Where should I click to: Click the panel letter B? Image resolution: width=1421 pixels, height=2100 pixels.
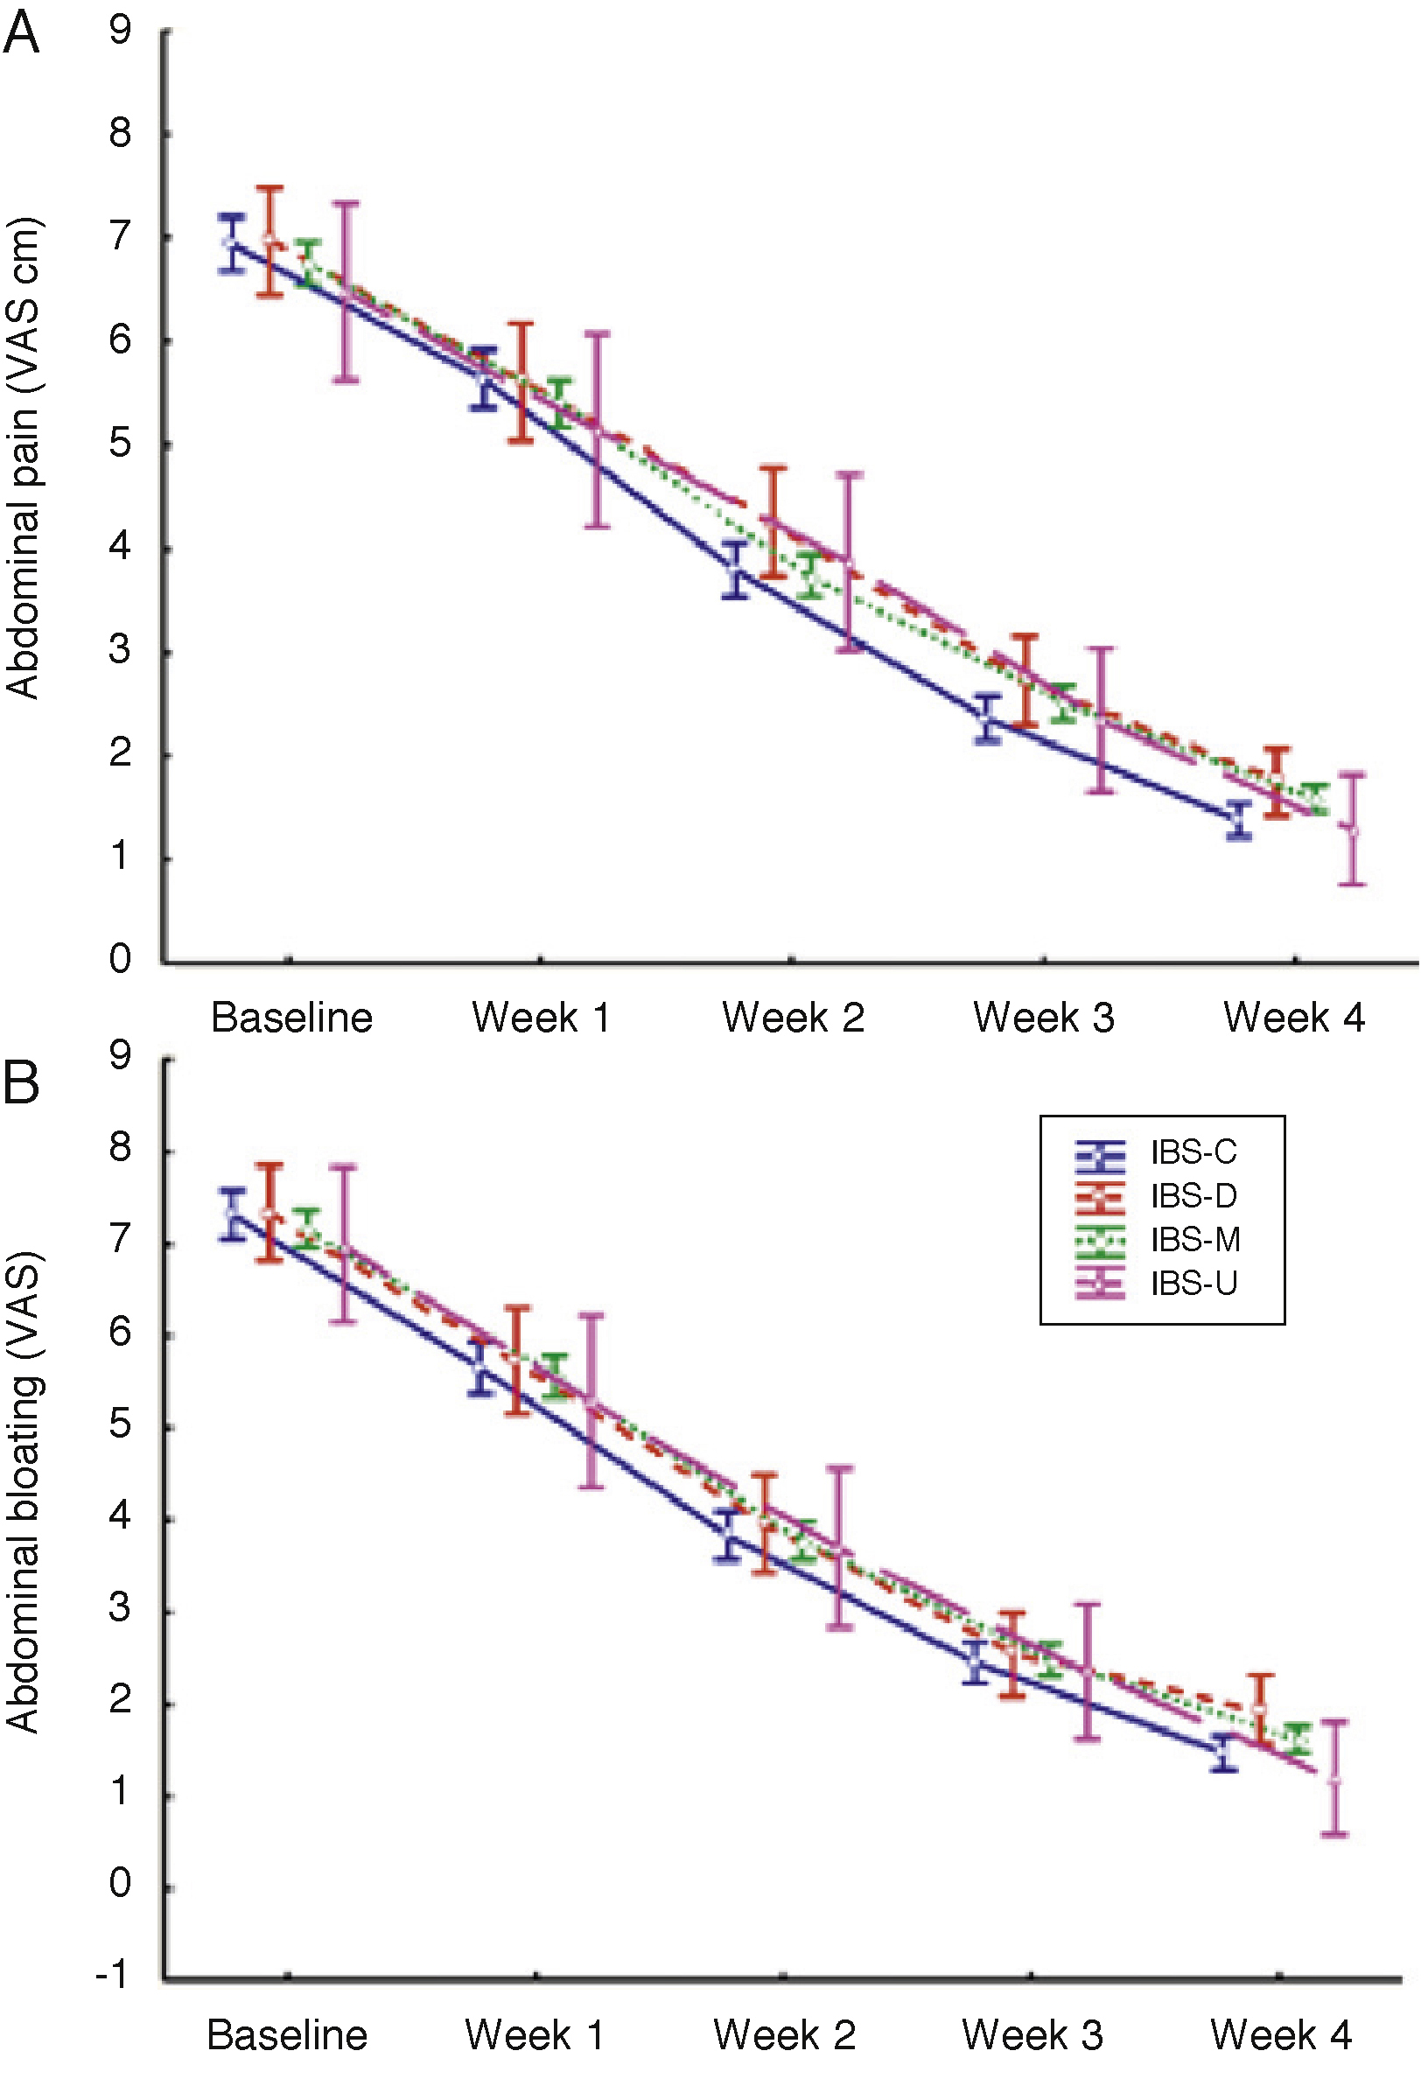(22, 1081)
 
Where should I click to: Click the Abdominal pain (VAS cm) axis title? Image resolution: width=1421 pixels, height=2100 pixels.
(23, 458)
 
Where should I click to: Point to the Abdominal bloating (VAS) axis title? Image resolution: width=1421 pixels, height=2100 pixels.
(23, 1491)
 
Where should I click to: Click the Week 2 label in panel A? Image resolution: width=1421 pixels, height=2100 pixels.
(792, 1018)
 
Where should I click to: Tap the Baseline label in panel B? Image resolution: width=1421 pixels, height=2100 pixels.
(287, 2036)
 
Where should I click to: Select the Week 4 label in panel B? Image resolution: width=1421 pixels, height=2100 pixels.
(1280, 2036)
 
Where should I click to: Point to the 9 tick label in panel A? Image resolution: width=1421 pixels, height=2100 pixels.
(120, 31)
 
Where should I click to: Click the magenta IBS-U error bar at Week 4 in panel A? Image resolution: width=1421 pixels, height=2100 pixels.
(1352, 829)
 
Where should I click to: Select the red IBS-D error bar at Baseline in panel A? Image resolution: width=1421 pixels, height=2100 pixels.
(269, 241)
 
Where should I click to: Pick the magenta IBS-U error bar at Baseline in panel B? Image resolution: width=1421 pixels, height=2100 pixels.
(342, 1244)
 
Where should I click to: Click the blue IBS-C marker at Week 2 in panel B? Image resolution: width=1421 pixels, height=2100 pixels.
(728, 1535)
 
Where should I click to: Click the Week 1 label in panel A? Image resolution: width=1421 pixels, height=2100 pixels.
(540, 1018)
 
